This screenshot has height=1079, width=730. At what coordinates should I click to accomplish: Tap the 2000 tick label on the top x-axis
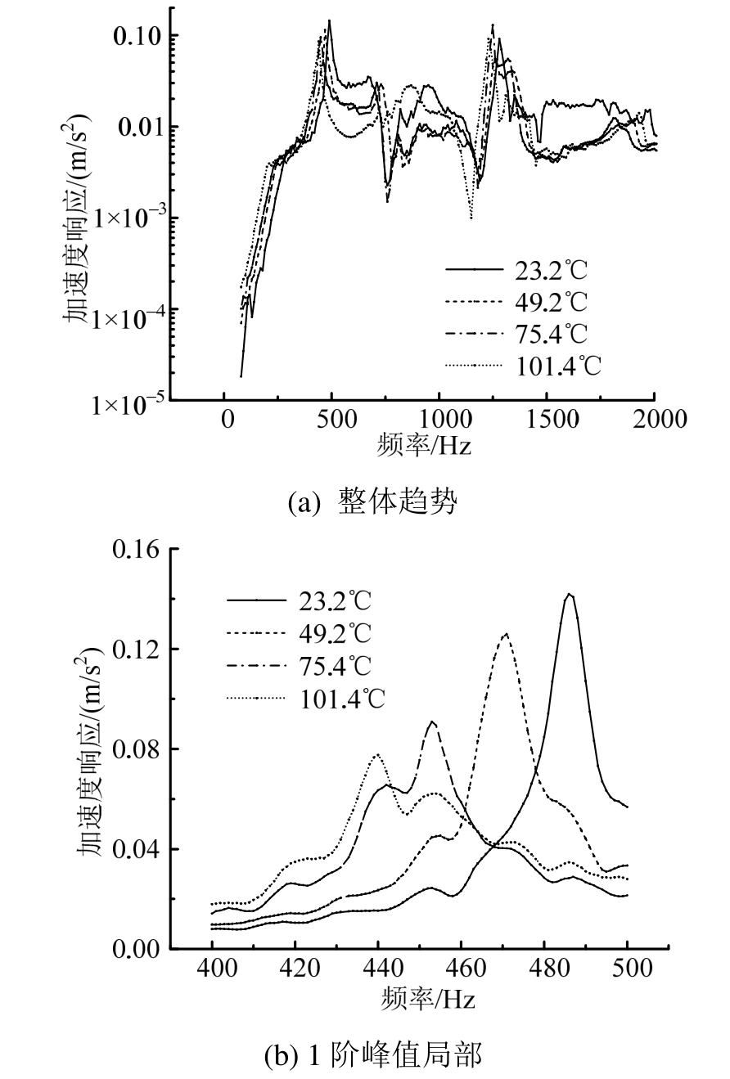(655, 420)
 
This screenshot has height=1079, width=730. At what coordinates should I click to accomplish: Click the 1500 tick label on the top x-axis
(547, 420)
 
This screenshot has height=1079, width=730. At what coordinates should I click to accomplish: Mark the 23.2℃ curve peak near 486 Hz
(570, 595)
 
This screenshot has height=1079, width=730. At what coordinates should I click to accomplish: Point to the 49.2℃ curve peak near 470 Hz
(506, 633)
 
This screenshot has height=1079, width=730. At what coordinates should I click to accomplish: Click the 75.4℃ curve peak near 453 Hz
(432, 722)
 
